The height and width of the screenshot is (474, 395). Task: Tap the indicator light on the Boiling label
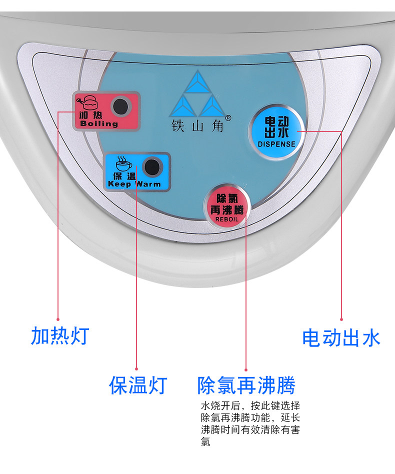click(120, 106)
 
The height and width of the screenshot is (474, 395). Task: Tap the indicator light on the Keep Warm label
click(151, 167)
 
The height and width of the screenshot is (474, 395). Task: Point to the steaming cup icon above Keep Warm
click(121, 162)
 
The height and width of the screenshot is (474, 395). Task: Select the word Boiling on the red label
click(98, 123)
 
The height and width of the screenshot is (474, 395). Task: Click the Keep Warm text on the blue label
click(134, 184)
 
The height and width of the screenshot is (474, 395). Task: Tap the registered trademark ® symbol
click(228, 118)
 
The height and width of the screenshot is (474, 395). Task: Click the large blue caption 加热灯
click(59, 335)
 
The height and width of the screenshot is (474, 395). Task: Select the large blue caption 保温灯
click(137, 385)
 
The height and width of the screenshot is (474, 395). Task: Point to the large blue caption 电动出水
click(341, 338)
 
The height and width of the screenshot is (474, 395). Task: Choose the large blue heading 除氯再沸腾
click(246, 385)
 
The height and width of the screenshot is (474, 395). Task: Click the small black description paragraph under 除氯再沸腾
click(250, 423)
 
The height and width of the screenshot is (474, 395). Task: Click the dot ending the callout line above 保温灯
click(136, 368)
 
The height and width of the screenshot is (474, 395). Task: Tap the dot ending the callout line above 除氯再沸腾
click(246, 368)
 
